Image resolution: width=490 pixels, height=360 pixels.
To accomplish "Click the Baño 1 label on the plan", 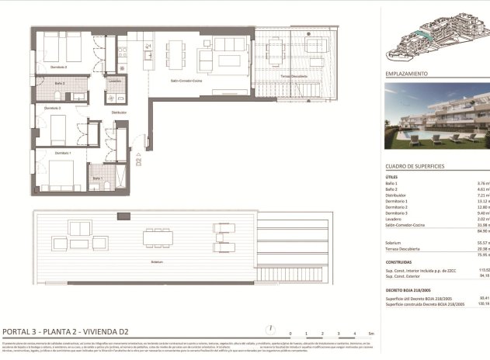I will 97,178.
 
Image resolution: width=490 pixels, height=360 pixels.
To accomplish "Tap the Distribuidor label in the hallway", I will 119,112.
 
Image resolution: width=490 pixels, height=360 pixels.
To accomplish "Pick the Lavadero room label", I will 114,80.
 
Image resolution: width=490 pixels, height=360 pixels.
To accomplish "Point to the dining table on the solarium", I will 157,238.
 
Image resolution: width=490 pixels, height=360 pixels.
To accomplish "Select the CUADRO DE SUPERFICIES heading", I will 415,166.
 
